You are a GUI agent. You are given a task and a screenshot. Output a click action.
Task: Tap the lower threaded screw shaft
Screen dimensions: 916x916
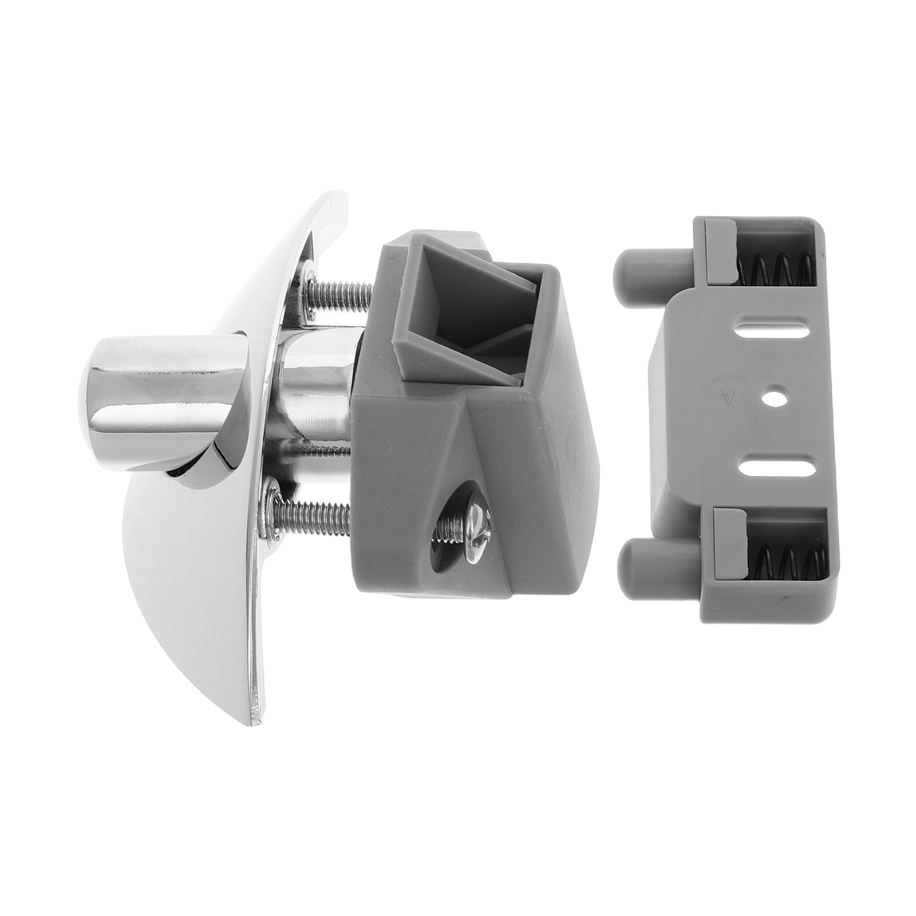pos(321,510)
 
